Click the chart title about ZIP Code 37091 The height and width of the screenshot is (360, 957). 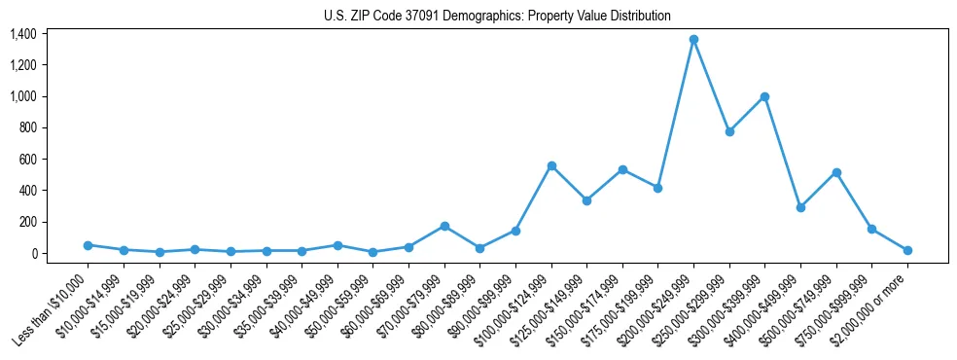click(497, 17)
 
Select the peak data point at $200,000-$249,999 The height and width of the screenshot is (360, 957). click(693, 39)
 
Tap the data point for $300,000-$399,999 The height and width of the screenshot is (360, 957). click(765, 96)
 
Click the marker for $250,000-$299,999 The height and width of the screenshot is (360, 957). click(729, 131)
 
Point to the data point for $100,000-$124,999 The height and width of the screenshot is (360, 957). click(551, 165)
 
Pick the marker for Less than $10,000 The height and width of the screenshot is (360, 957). click(88, 245)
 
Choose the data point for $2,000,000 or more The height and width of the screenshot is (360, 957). click(907, 250)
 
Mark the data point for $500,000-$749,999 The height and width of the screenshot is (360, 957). click(836, 172)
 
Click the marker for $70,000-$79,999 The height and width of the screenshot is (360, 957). click(444, 226)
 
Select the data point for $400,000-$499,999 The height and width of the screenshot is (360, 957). click(800, 207)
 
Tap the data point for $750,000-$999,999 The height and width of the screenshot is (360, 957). click(872, 229)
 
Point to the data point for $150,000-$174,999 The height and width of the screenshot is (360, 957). click(622, 169)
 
